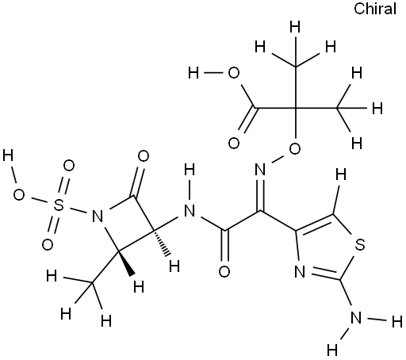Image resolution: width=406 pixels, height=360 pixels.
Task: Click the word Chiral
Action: [375, 9]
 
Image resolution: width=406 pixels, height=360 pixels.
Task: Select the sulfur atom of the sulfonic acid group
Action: [59, 205]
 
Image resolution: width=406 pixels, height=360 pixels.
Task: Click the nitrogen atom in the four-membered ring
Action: [98, 216]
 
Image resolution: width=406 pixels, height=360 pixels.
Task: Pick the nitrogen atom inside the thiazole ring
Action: [300, 272]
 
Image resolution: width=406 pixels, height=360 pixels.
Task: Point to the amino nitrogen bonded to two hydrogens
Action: [356, 317]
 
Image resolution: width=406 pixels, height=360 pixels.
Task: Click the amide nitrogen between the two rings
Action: [190, 211]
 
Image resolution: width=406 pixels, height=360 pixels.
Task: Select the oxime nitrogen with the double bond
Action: [260, 169]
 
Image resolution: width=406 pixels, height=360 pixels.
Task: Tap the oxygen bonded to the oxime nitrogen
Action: [295, 148]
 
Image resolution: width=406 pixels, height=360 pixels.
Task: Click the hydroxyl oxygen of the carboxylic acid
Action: [234, 73]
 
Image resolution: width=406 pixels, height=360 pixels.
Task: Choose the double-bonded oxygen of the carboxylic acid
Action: [234, 144]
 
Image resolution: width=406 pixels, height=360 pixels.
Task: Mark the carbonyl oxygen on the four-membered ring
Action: [144, 156]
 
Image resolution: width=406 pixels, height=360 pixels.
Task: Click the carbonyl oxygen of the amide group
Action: [224, 272]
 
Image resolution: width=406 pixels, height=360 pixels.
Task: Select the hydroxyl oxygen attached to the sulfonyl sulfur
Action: [19, 195]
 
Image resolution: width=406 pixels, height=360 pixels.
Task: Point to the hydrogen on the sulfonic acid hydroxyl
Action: [8, 155]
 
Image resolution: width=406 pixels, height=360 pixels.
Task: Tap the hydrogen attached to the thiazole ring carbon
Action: [341, 174]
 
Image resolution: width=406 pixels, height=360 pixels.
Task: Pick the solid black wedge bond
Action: [126, 263]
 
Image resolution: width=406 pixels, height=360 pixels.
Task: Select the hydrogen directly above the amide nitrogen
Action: [190, 170]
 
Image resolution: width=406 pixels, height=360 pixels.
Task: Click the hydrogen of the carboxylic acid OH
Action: [193, 73]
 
